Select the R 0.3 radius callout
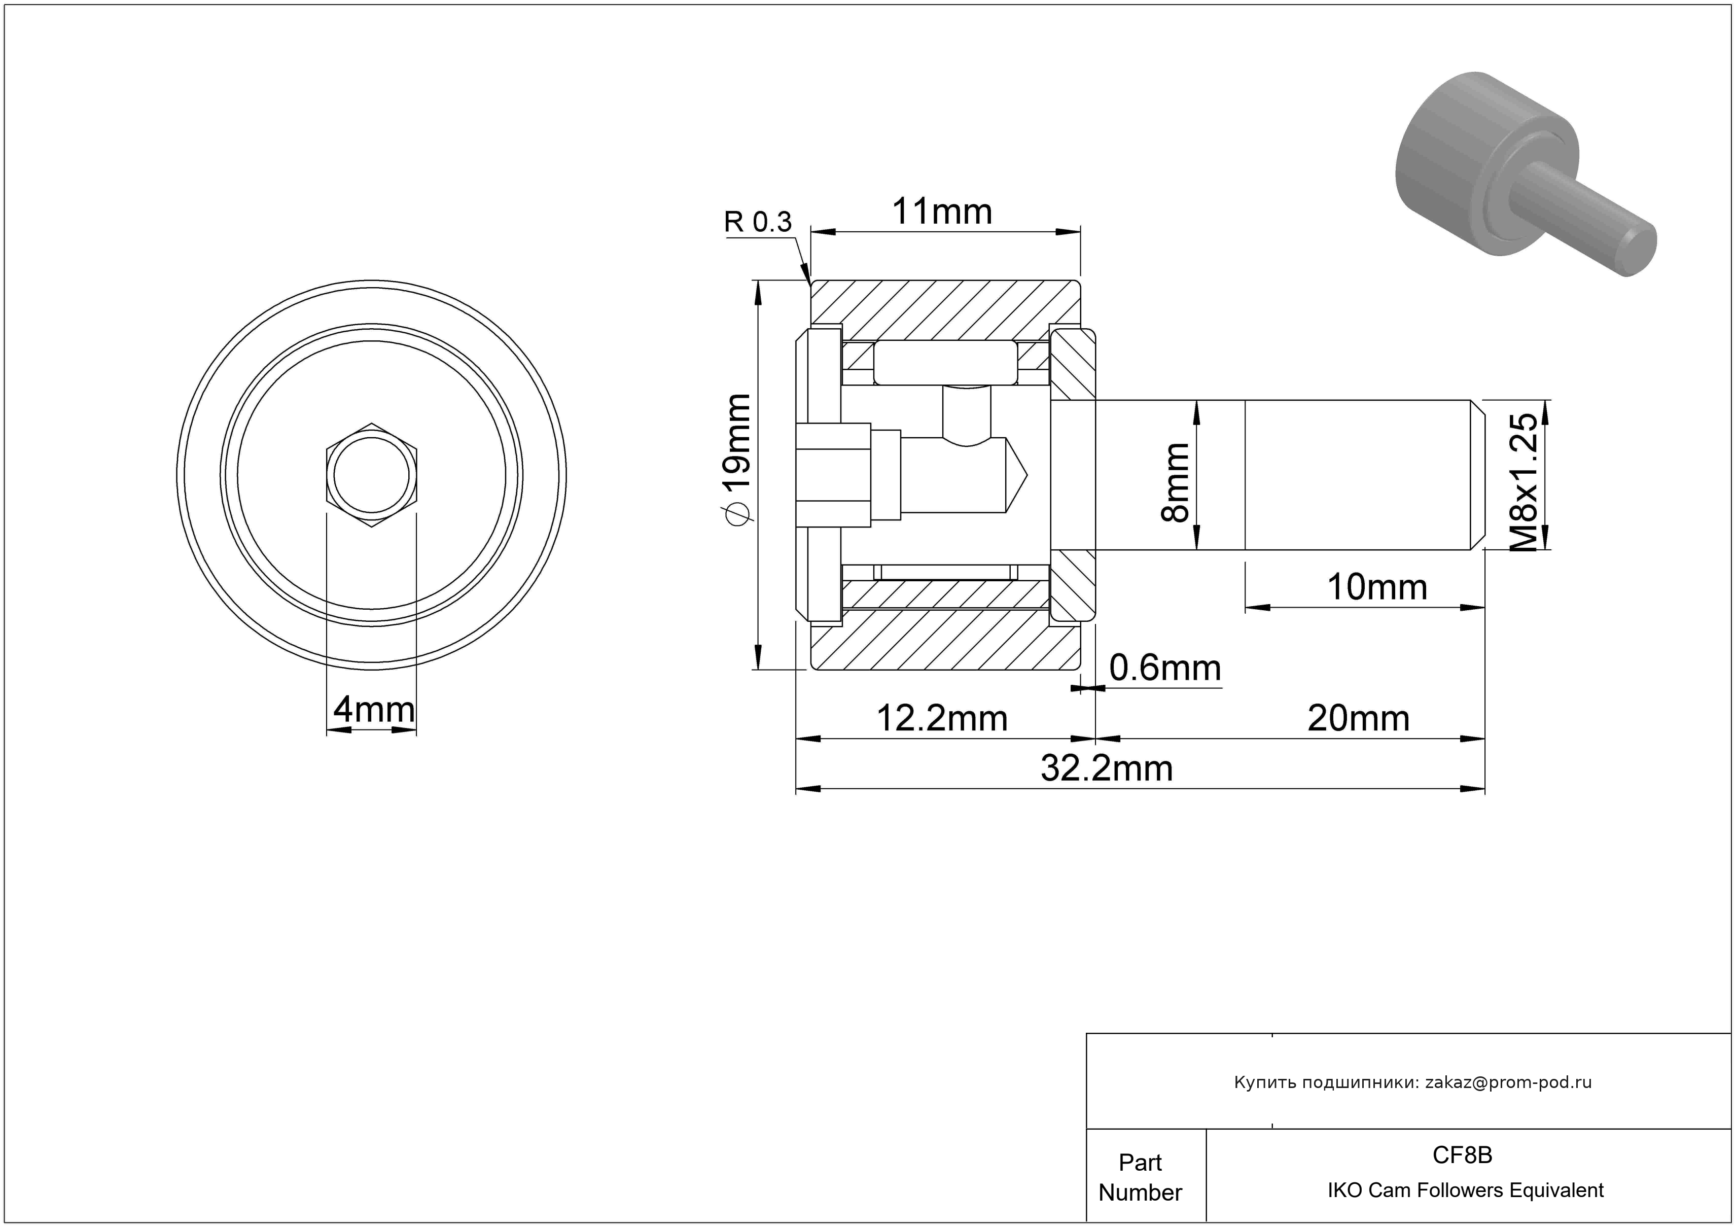click(x=758, y=222)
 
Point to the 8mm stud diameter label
click(x=1175, y=483)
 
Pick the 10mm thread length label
click(x=1377, y=587)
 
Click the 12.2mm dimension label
click(x=942, y=718)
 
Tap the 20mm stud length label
click(x=1359, y=718)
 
